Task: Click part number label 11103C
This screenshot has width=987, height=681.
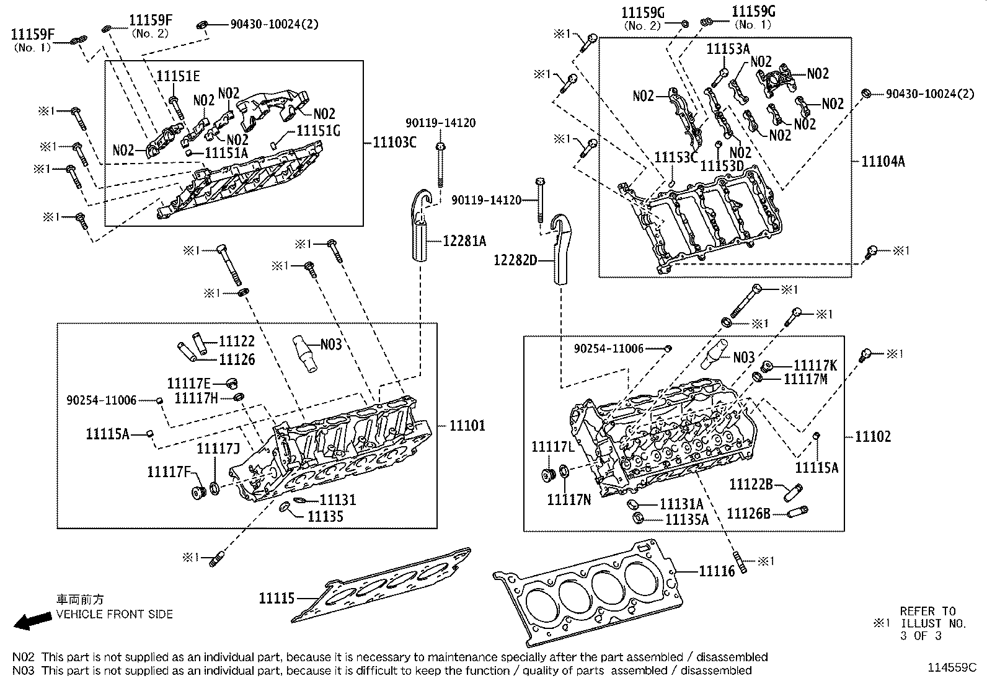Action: click(394, 143)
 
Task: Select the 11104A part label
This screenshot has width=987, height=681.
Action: click(883, 162)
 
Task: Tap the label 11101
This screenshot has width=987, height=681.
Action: click(467, 426)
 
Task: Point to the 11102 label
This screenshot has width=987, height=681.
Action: click(873, 436)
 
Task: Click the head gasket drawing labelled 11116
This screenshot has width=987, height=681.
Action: click(595, 595)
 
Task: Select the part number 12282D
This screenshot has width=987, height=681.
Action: click(515, 260)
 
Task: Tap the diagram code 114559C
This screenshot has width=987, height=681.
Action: click(952, 668)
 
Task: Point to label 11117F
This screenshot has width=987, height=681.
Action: click(169, 472)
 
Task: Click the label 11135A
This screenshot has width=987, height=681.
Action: click(686, 519)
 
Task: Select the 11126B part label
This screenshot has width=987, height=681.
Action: click(748, 513)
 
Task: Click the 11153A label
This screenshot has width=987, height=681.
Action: click(728, 49)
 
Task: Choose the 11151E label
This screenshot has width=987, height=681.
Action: click(178, 76)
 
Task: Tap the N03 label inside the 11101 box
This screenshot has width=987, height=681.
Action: click(331, 345)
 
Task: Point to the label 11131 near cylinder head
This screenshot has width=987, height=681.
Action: click(338, 499)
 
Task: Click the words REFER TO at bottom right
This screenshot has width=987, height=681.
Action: click(927, 612)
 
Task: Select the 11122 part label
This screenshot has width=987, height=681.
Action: click(236, 341)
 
